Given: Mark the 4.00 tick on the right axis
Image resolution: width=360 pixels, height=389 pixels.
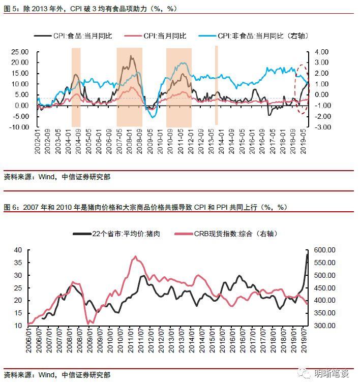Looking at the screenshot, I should (x=322, y=52).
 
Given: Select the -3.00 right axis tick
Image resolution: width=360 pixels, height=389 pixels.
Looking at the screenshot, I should (x=322, y=127).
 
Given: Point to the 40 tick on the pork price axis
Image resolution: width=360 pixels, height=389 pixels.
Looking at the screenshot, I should (x=18, y=250).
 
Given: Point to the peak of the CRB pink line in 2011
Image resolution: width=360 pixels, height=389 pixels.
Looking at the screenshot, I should (x=135, y=257).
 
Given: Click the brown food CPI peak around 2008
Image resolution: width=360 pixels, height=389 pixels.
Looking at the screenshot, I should (x=131, y=56).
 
